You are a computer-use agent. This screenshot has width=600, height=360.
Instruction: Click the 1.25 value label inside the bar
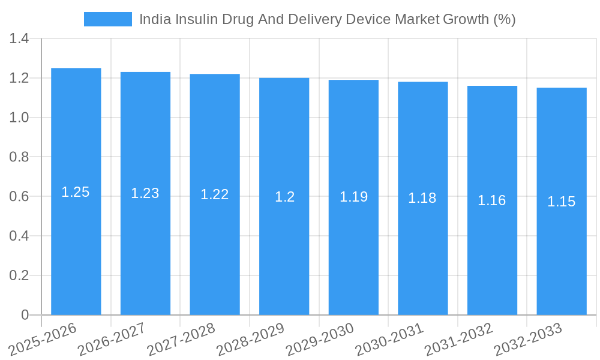tap(76, 192)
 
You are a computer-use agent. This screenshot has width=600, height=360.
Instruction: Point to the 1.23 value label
tap(145, 193)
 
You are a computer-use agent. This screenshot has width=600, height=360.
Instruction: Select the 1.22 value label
tap(215, 194)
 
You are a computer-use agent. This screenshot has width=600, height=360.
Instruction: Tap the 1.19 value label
tap(353, 197)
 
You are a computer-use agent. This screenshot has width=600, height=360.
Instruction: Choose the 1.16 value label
tap(492, 200)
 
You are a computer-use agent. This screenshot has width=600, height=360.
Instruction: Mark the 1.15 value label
tap(562, 202)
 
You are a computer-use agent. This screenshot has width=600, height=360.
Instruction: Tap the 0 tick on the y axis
tap(25, 315)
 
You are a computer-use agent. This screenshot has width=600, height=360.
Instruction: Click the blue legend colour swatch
tap(108, 19)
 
